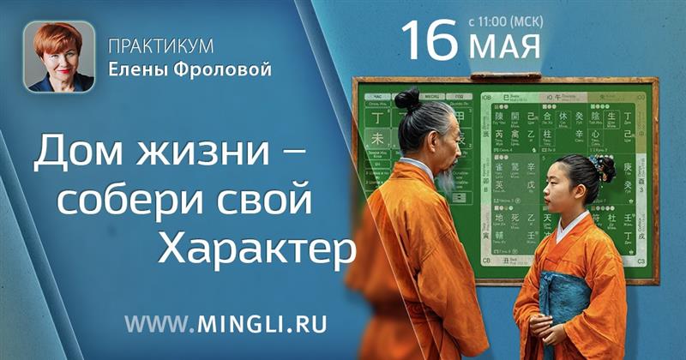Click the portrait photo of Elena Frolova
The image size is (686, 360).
point(59,57)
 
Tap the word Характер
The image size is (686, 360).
point(258,249)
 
